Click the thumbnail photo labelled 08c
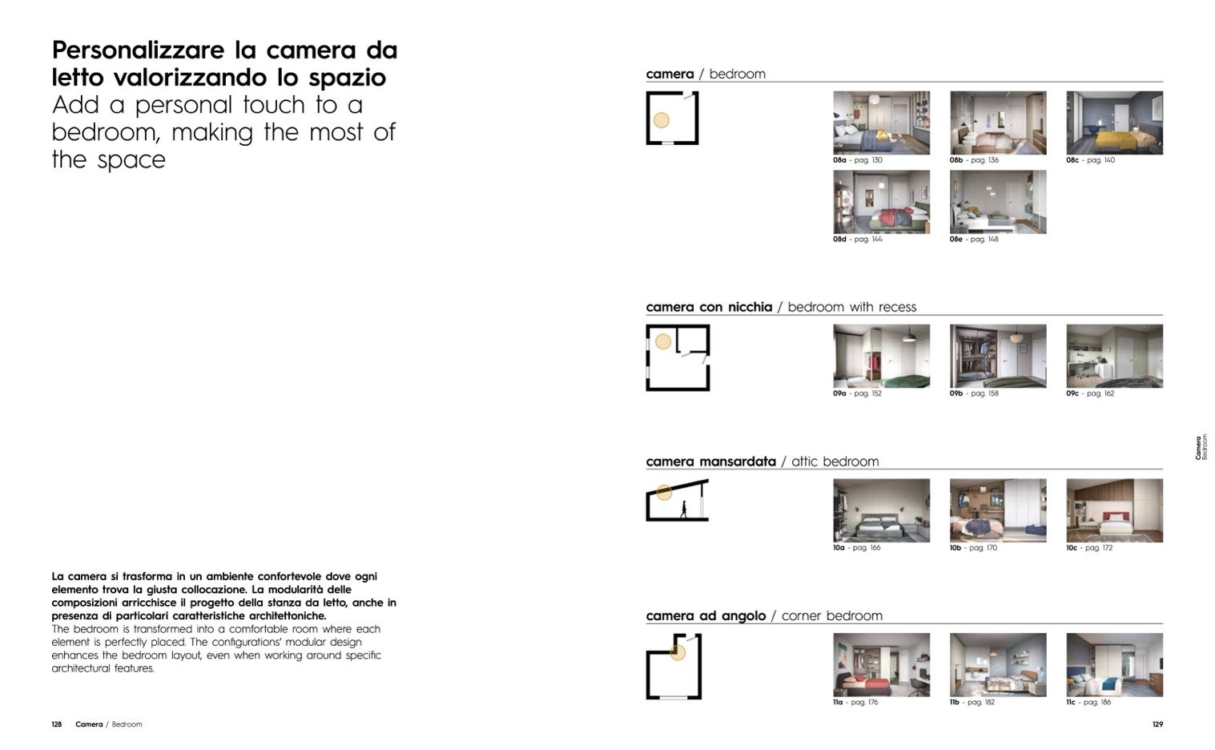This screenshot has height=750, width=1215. [x=1114, y=123]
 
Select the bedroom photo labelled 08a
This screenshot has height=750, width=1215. [x=882, y=123]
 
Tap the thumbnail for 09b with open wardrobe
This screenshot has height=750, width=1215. [x=998, y=356]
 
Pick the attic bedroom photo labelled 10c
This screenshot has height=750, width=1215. [x=1114, y=510]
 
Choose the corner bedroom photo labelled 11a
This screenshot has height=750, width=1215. [x=882, y=665]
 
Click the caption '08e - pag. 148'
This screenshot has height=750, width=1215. [x=974, y=240]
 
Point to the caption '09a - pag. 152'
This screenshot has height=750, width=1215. [x=858, y=393]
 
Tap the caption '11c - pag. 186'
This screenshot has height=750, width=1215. [x=1088, y=702]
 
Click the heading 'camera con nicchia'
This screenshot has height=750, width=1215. [x=709, y=307]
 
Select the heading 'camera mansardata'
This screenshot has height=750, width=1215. [x=711, y=462]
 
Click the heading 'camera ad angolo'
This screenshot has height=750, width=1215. [x=706, y=616]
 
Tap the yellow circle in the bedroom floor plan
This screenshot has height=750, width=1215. [x=662, y=120]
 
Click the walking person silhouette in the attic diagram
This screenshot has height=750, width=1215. [x=683, y=509]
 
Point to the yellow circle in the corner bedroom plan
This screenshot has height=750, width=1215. [x=678, y=652]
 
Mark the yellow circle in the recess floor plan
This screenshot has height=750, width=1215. [x=663, y=341]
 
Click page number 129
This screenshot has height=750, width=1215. [x=1157, y=724]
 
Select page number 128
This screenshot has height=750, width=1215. [x=56, y=724]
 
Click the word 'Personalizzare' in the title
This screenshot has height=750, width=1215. [x=139, y=50]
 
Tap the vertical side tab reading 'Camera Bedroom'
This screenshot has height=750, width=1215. [x=1201, y=446]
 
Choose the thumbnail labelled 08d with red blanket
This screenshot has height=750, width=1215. [x=882, y=202]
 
